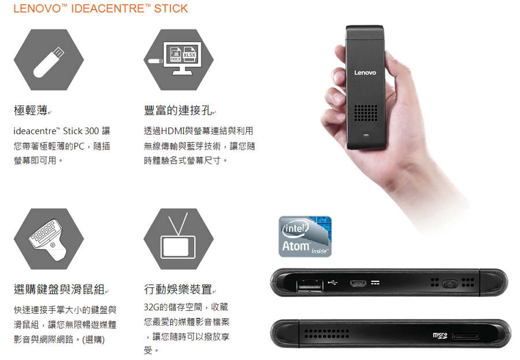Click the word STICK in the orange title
[171, 8]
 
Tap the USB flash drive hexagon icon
[49, 60]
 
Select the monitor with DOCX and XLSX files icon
[179, 60]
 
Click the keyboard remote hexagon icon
[49, 239]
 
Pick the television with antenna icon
[179, 239]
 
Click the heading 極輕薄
[31, 110]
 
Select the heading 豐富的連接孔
[178, 110]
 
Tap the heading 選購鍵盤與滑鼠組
[60, 290]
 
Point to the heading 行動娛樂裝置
[178, 290]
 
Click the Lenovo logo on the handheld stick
[365, 73]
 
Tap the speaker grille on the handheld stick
[366, 113]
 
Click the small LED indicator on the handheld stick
[366, 135]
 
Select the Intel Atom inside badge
[305, 236]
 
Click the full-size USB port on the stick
[310, 285]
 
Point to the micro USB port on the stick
[358, 283]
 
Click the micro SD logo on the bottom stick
[440, 336]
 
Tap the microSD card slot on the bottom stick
[465, 336]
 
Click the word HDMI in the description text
[173, 131]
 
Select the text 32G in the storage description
[151, 307]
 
